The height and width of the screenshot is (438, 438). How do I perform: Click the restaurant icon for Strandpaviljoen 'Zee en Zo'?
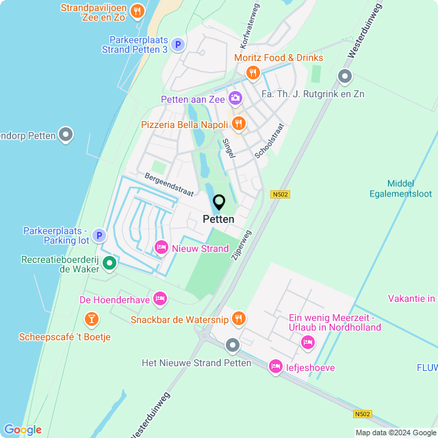coord(138,10)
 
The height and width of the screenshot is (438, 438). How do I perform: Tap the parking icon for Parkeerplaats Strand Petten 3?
coord(177,44)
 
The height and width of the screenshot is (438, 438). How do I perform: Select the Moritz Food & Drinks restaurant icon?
coord(253,73)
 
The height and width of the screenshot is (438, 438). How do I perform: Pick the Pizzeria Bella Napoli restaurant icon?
coord(238,124)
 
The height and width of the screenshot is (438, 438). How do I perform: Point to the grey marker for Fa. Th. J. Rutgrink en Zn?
coord(344,77)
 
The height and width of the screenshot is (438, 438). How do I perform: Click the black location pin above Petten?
coord(219,203)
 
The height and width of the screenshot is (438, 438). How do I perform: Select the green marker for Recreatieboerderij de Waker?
coord(109,263)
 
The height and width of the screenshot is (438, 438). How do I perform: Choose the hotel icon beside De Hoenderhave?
coord(160,298)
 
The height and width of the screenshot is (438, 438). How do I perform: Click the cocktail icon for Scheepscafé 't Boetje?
coord(91,319)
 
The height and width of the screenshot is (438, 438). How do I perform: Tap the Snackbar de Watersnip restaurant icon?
coord(238,318)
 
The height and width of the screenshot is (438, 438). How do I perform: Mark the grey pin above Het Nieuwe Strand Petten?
coord(233,346)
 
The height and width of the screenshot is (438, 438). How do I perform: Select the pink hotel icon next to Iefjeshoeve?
coord(276,368)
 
